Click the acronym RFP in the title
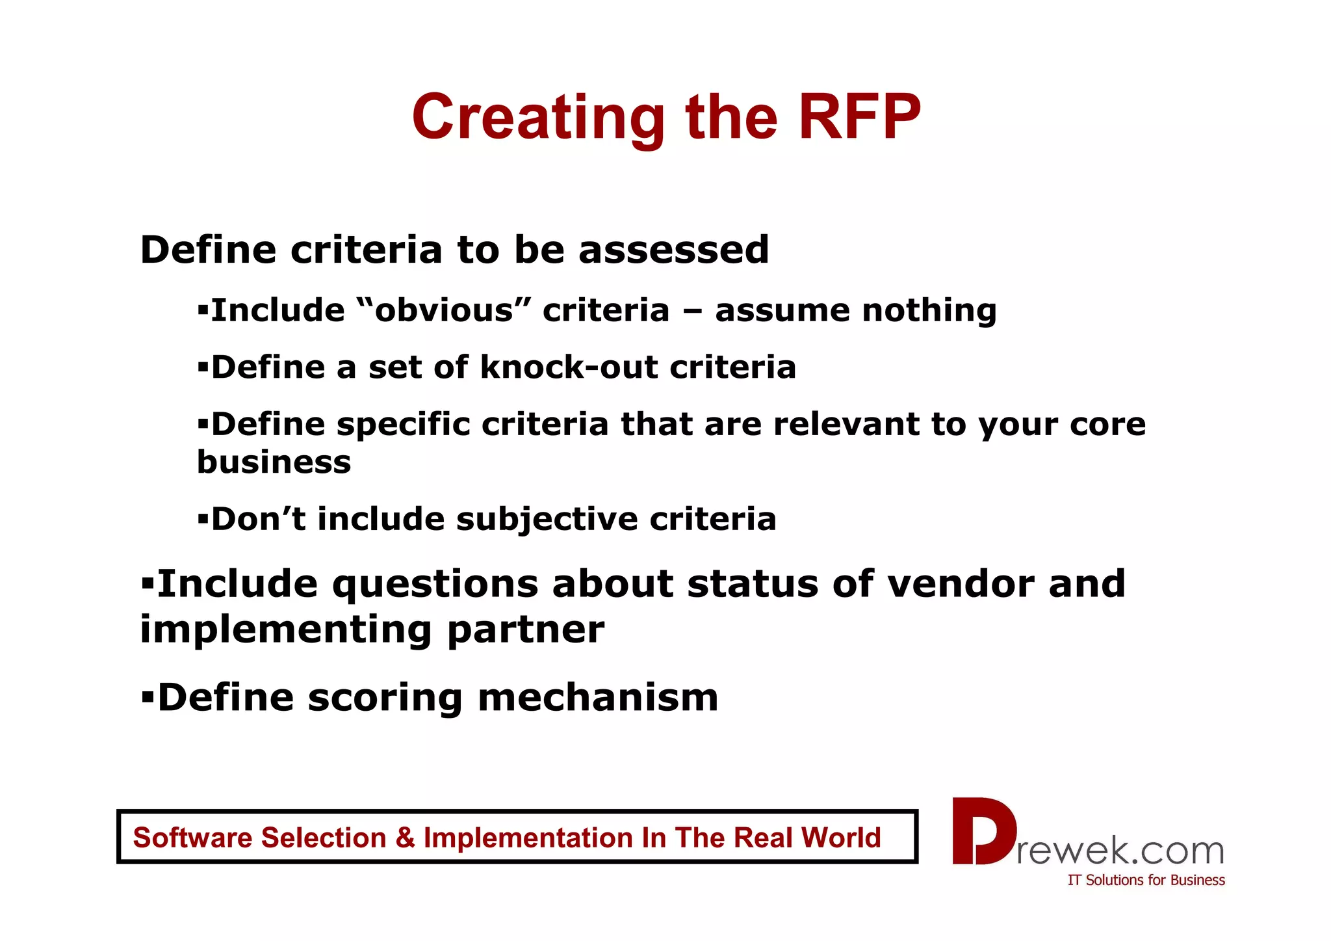859,117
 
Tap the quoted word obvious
445,310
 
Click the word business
274,462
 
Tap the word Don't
258,520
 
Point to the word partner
525,630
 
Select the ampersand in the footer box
404,838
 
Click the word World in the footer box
841,838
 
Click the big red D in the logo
981,831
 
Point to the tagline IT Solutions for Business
1146,881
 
